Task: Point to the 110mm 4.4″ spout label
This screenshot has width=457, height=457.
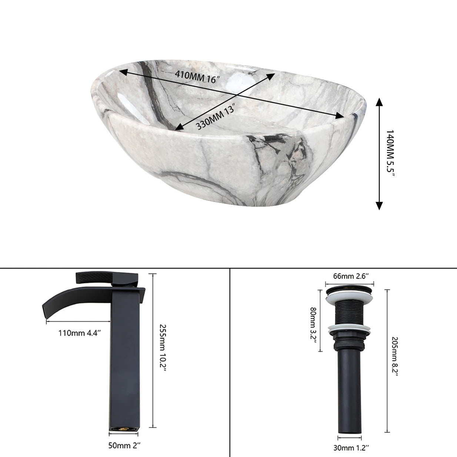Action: click(80, 333)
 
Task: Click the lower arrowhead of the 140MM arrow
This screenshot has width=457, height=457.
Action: click(379, 205)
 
